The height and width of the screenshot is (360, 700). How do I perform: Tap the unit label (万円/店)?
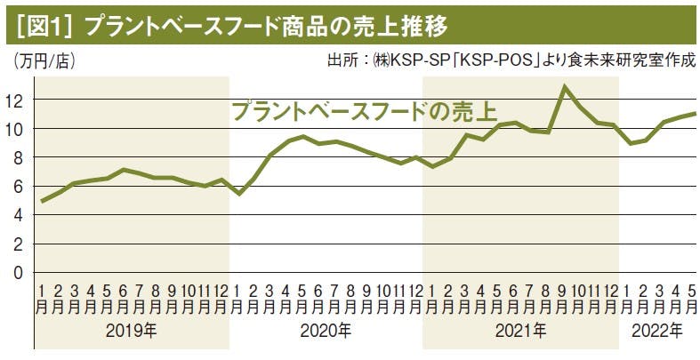point(45,62)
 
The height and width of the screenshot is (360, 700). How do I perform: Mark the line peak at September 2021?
point(564,86)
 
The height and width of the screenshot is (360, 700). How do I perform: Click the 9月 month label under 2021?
point(564,298)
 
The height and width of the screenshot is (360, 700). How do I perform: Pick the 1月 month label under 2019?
point(43,298)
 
